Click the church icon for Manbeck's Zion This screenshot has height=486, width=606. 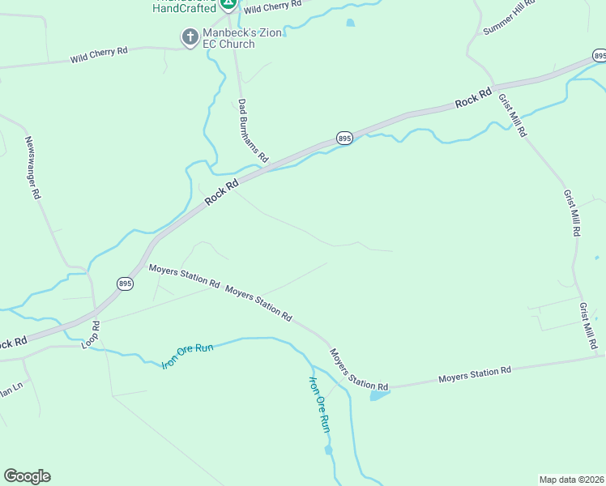point(190,36)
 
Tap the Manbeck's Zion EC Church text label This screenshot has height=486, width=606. point(228,38)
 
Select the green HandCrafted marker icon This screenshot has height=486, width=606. point(229,3)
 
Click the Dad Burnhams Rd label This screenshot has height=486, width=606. point(253,130)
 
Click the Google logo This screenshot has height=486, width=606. point(27,476)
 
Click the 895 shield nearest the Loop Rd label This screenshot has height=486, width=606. point(125,283)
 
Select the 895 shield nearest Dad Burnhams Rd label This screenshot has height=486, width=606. point(344,139)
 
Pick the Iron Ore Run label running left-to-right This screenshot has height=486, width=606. point(187,356)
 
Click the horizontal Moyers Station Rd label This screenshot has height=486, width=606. point(475,374)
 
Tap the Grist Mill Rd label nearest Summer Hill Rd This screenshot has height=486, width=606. point(513,114)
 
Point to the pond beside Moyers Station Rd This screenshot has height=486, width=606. point(378,395)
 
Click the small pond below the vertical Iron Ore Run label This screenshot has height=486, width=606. point(328,450)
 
